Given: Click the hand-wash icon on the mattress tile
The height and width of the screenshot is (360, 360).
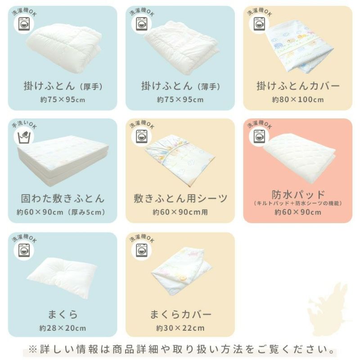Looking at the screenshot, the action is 24,137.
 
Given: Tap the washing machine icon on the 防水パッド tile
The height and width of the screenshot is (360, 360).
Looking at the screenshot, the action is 259,136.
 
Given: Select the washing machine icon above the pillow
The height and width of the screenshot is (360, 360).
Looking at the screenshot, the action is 24,250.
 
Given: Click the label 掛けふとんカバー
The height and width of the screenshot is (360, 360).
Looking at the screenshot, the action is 298,86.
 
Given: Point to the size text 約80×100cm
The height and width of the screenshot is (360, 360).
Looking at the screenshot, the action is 298,99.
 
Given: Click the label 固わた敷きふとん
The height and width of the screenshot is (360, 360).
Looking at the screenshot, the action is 63,198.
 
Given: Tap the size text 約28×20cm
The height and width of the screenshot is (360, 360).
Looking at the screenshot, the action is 63,328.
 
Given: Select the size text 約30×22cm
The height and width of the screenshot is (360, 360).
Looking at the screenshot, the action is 180,328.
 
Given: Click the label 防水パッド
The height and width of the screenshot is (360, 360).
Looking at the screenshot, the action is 298,195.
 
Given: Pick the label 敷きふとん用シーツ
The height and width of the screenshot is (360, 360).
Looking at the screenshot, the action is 180,198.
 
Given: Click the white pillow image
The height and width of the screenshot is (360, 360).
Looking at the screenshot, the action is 62,277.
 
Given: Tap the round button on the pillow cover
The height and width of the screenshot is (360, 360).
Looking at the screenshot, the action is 183,279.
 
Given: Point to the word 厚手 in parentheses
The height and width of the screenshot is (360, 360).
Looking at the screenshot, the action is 91,87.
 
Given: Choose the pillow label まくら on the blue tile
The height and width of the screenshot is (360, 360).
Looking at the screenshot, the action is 63,314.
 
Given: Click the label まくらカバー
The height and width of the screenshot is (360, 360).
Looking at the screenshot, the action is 180,314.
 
